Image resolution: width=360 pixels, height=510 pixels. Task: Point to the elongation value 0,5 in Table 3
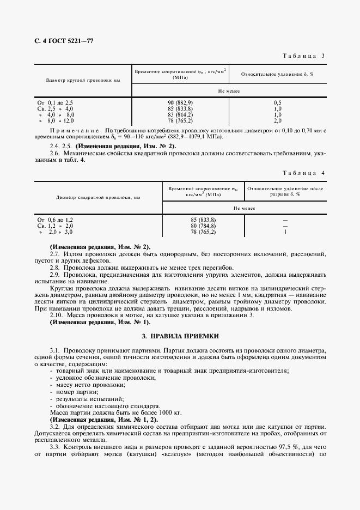coord(278,102)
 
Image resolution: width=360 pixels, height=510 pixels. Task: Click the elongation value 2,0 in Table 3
coord(278,120)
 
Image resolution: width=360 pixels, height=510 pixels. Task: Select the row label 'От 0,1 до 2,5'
coord(55,102)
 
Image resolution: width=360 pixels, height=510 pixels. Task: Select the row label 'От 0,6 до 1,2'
coord(55,220)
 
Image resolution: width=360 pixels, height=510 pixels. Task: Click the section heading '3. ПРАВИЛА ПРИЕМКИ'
coord(180,337)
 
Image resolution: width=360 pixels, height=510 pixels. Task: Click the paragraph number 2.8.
coord(54,268)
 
